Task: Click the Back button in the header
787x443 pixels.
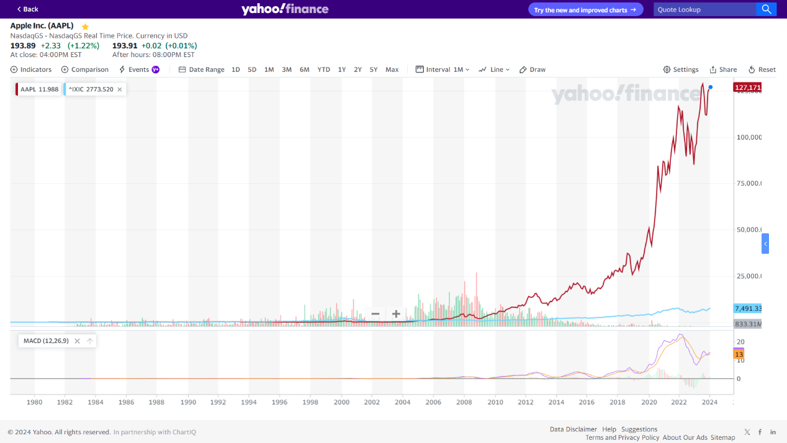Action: (x=27, y=9)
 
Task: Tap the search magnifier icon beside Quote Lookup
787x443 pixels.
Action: (x=767, y=9)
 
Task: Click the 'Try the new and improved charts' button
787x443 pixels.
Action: (x=585, y=10)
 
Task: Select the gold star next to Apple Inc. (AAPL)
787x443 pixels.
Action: (x=85, y=27)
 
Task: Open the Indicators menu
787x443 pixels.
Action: (x=31, y=69)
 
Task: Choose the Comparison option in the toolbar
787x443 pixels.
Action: (x=85, y=69)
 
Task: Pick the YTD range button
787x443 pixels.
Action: (x=323, y=69)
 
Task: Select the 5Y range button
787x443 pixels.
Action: (x=373, y=69)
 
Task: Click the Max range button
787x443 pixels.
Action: (x=392, y=69)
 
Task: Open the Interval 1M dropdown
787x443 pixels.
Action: (x=443, y=69)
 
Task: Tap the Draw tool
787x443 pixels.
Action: (x=533, y=69)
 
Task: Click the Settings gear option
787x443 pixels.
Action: (x=681, y=69)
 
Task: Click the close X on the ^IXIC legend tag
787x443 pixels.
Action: (x=120, y=89)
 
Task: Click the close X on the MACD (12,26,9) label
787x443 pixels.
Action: (x=77, y=341)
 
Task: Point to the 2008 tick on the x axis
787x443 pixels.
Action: (x=464, y=402)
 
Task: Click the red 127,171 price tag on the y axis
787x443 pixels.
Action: (x=747, y=87)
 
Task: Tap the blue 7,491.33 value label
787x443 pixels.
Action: (x=747, y=308)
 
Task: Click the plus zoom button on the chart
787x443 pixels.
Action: (x=396, y=314)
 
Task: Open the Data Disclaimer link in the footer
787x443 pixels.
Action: (x=573, y=429)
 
